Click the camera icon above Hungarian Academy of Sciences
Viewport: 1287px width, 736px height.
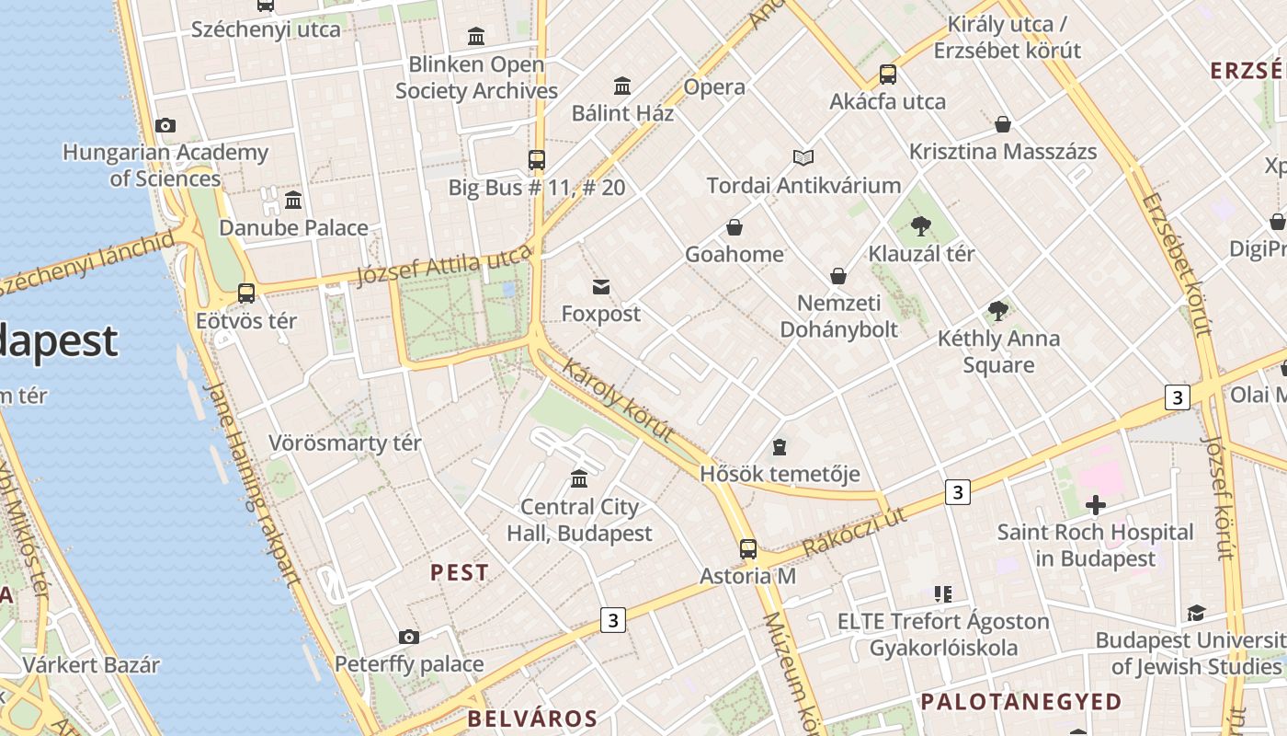pos(165,125)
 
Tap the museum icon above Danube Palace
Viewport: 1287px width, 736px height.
pos(293,200)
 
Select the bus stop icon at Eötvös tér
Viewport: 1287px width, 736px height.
pos(246,293)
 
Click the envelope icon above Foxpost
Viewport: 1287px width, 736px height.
pos(601,287)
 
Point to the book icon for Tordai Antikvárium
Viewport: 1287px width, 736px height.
pos(803,157)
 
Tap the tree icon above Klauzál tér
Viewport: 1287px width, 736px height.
pos(921,225)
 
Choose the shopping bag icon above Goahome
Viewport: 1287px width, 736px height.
pos(735,227)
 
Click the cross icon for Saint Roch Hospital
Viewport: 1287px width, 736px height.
pos(1095,504)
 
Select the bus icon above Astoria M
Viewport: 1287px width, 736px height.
pos(748,549)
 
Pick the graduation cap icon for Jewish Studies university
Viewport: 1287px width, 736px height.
pos(1196,613)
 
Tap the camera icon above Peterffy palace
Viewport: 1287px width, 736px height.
pos(409,637)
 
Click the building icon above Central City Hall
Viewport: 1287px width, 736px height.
pos(579,479)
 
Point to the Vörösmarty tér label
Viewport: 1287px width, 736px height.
pos(345,443)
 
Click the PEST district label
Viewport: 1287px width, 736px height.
pos(460,572)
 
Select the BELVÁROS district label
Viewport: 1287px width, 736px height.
pos(532,719)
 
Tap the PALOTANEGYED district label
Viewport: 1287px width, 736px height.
pos(1021,702)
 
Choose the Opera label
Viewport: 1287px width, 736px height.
pos(714,87)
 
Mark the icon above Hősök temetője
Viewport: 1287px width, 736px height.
pos(780,448)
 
